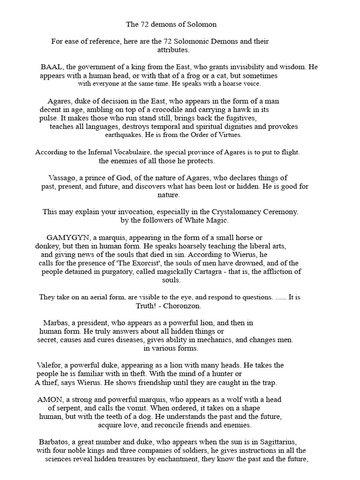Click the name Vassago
pos(64,178)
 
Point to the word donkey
pos(48,246)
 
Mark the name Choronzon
pos(188,306)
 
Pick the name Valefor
pos(51,365)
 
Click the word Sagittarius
pos(276,442)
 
